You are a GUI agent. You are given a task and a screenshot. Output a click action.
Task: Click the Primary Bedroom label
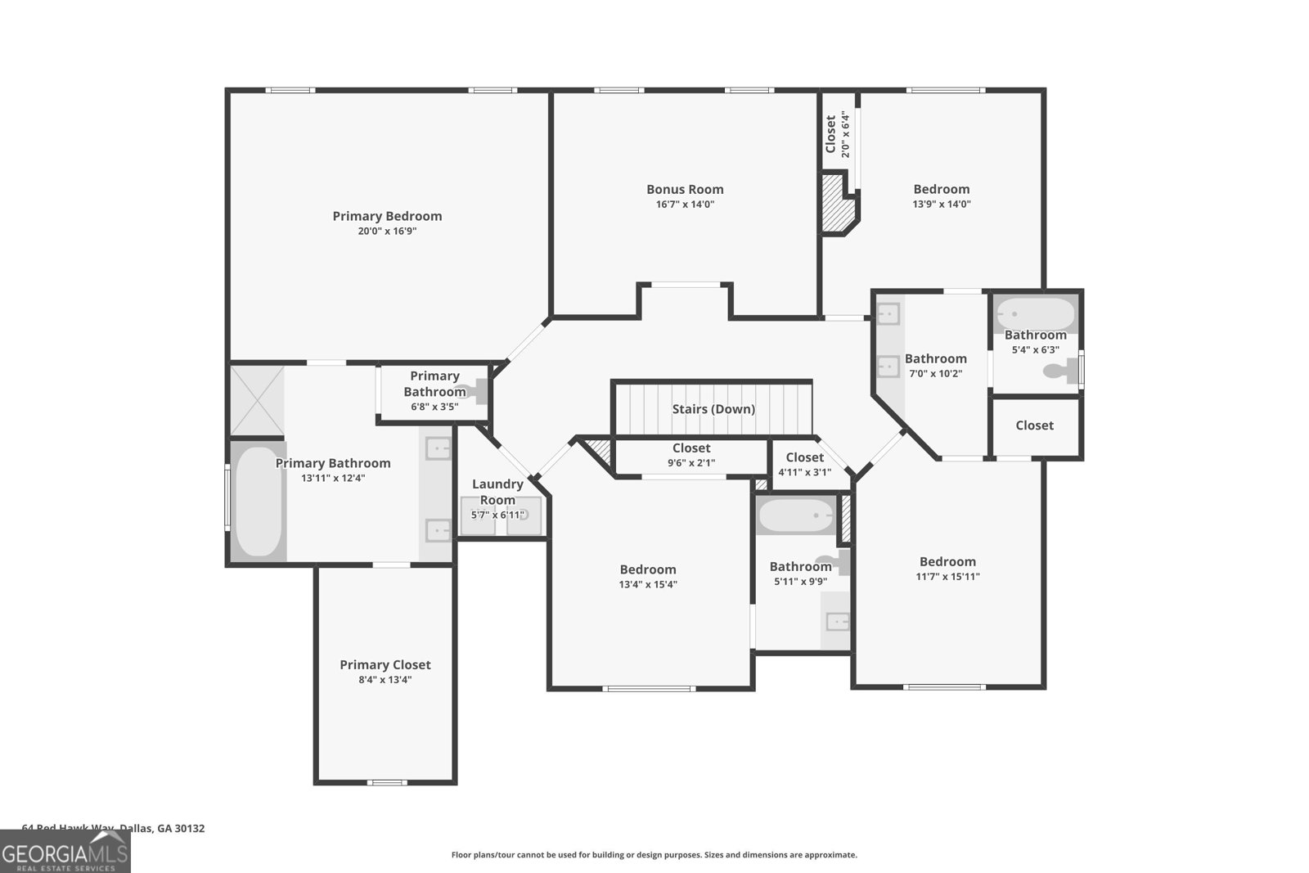click(387, 216)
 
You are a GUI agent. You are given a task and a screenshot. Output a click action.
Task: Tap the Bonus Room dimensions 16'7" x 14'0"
click(685, 205)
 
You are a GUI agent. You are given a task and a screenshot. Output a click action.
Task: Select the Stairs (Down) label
click(713, 409)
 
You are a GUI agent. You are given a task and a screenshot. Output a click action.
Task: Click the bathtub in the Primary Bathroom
click(258, 501)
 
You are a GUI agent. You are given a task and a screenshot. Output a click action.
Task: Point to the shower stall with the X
click(257, 400)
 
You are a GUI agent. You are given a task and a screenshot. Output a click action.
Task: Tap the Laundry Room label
click(497, 492)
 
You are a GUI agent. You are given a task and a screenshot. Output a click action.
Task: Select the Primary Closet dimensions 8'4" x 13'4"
click(385, 680)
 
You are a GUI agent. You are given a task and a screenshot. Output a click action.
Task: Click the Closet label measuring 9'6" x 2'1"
click(691, 448)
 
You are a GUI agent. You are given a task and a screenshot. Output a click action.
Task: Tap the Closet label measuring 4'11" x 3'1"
click(804, 457)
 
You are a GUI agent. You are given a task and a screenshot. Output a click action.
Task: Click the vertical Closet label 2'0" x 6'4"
click(830, 134)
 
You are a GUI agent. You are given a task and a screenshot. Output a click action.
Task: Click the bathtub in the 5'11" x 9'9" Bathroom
click(795, 516)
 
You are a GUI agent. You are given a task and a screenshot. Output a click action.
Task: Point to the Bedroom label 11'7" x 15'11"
click(947, 561)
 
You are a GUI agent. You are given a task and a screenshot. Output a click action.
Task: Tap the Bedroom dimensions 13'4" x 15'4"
click(648, 584)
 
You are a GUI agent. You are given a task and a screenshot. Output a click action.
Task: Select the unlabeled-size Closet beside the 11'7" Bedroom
click(1034, 425)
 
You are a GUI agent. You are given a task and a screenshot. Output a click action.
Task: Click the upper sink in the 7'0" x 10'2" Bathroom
click(888, 314)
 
